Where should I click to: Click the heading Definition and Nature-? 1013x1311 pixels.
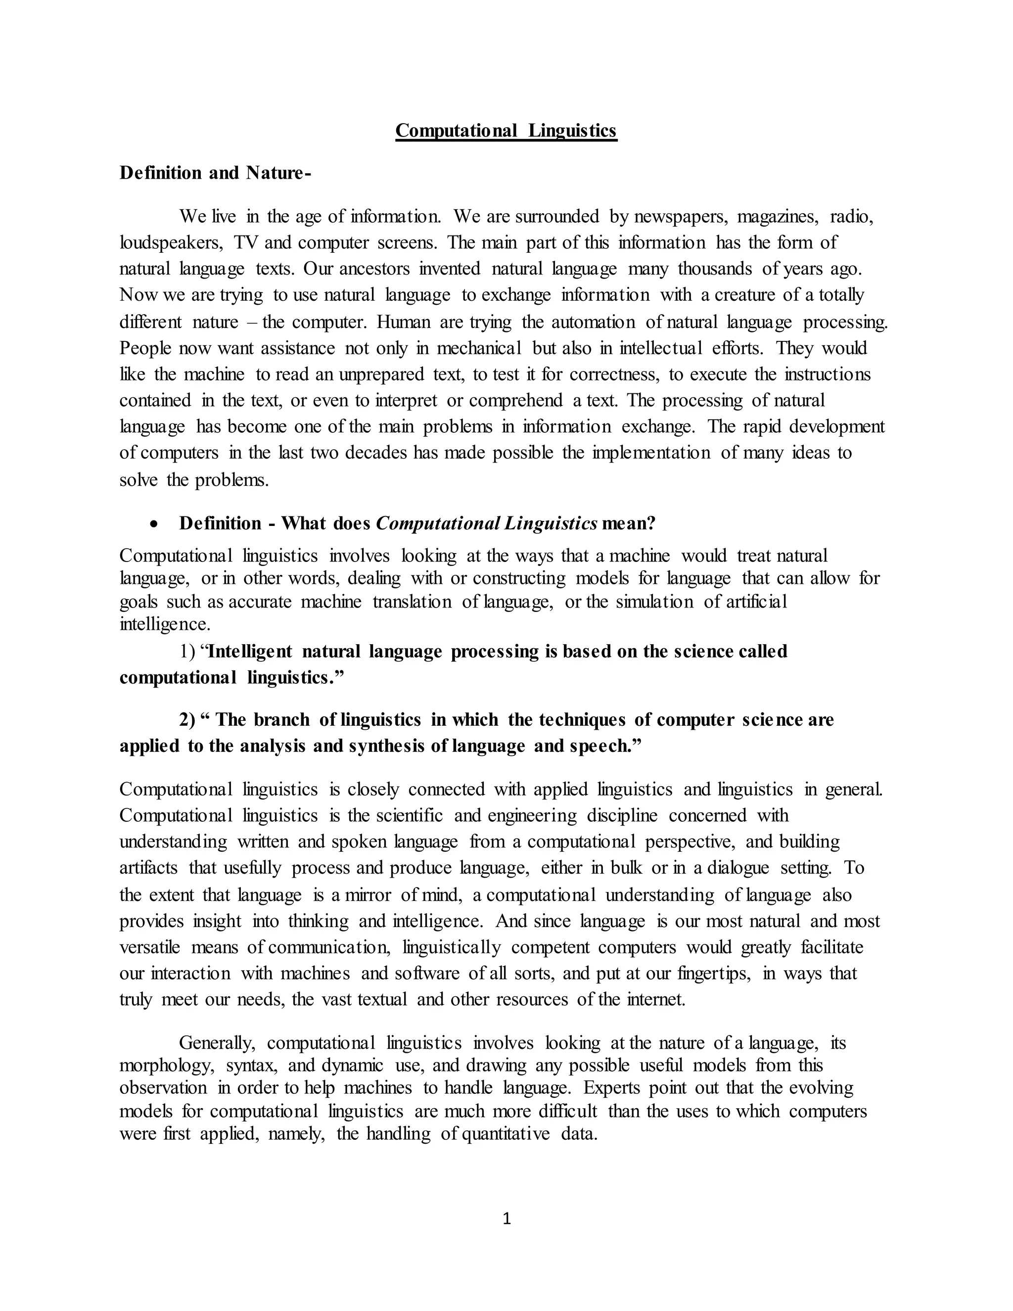tap(215, 173)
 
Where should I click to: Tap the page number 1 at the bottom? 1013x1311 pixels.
tap(506, 1218)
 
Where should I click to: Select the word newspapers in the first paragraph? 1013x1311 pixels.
tap(680, 216)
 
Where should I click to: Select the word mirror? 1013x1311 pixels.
tap(368, 894)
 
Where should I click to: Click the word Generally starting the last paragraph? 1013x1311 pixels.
tap(217, 1043)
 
